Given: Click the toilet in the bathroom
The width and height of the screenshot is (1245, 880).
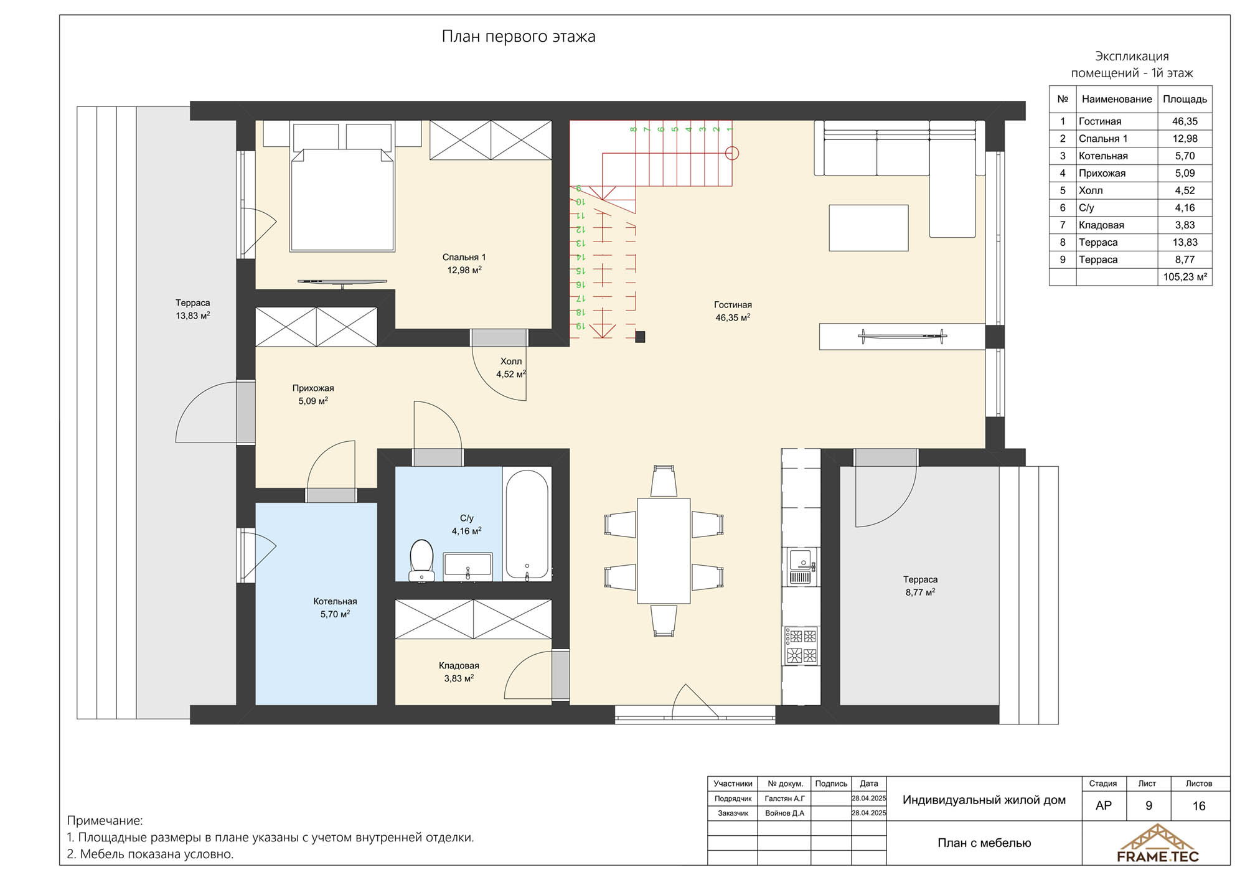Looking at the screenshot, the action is [x=421, y=559].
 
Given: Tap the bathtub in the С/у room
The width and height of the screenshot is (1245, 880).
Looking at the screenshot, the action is [x=527, y=525].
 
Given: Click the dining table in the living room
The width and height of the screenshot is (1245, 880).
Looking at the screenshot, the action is [x=664, y=551].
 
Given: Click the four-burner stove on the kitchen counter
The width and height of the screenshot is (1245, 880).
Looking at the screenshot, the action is [x=801, y=645].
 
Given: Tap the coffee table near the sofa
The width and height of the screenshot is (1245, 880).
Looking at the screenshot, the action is [x=868, y=228].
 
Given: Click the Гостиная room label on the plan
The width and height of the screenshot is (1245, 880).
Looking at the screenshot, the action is [x=733, y=305].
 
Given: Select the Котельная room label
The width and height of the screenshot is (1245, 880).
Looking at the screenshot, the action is [x=335, y=601].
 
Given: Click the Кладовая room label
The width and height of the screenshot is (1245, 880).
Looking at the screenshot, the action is [x=459, y=666].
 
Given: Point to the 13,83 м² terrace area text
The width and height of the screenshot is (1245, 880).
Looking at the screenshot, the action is [x=192, y=316].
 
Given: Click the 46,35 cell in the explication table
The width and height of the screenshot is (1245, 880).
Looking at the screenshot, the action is [x=1185, y=121].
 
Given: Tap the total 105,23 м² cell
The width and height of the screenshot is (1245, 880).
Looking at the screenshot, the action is [x=1185, y=277].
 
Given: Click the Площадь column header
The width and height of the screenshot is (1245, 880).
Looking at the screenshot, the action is [x=1185, y=99].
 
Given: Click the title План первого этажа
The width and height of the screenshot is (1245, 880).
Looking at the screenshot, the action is [x=519, y=36].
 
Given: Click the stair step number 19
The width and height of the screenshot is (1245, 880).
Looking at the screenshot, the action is [x=579, y=325].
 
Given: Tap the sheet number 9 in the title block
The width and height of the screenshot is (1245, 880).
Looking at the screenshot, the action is [x=1149, y=806].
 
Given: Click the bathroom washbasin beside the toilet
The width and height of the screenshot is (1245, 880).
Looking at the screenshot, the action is [x=467, y=566].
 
